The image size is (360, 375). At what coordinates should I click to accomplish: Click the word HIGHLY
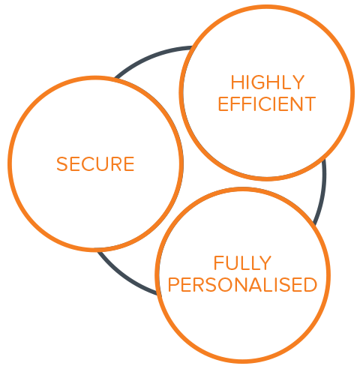[267, 82]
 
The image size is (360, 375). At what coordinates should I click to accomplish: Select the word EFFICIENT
[267, 104]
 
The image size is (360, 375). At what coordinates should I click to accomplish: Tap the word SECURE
[95, 164]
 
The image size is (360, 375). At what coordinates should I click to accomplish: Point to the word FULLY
[242, 262]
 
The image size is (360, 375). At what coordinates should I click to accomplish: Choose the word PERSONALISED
[242, 284]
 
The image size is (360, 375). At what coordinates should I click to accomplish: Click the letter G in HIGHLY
[258, 82]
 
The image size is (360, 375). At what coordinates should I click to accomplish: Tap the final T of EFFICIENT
[310, 104]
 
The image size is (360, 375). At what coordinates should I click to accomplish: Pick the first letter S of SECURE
[61, 164]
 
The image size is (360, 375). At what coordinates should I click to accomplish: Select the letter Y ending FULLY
[265, 262]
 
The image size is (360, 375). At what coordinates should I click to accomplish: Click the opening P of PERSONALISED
[173, 284]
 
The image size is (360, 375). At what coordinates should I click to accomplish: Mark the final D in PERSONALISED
[310, 284]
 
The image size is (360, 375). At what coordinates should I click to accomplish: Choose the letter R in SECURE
[116, 164]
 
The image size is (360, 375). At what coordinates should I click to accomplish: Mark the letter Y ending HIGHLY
[298, 82]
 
